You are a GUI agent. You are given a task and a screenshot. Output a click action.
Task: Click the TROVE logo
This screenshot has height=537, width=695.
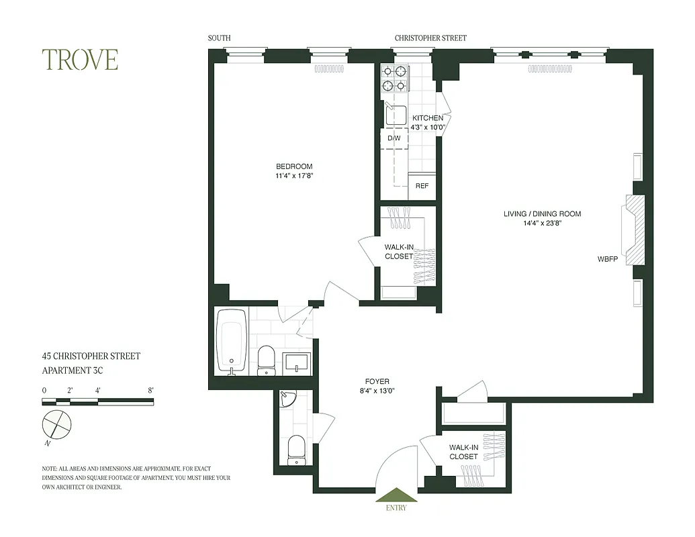80,60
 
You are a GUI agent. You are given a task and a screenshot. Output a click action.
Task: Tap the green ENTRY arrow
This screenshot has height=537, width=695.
396,495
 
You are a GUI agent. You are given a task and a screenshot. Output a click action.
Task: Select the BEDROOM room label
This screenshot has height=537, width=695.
293,166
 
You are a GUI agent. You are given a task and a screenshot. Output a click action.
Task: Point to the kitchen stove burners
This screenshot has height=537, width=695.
394,78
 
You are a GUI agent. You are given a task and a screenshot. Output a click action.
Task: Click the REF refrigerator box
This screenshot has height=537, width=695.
422,186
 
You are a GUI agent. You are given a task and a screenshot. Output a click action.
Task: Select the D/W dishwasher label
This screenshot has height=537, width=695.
394,138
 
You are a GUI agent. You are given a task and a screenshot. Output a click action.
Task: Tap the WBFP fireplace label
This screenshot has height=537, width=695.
608,259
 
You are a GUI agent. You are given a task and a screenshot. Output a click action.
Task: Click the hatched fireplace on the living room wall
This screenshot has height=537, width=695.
634,230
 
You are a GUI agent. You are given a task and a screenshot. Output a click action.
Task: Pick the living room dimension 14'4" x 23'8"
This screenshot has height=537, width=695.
543,224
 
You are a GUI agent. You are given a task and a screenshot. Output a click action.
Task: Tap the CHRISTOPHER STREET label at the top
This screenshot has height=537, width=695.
430,38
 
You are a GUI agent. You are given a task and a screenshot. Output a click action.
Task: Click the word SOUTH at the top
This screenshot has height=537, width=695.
219,38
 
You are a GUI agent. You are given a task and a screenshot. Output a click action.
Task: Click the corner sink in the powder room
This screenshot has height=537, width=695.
287,399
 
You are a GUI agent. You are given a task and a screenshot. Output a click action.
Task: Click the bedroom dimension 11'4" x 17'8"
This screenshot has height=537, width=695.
293,177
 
